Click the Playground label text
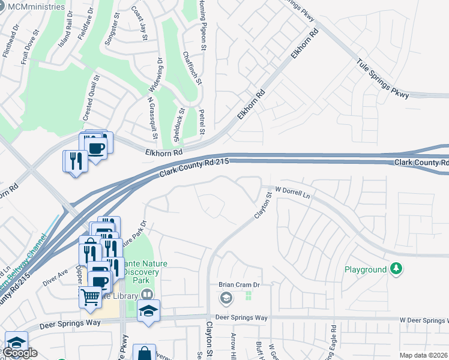(366, 269)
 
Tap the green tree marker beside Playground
(396, 269)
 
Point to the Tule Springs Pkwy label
(382, 78)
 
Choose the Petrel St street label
(202, 122)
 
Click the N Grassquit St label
(152, 119)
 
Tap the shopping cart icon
(90, 296)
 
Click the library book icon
(147, 295)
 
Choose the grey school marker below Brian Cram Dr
(226, 298)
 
